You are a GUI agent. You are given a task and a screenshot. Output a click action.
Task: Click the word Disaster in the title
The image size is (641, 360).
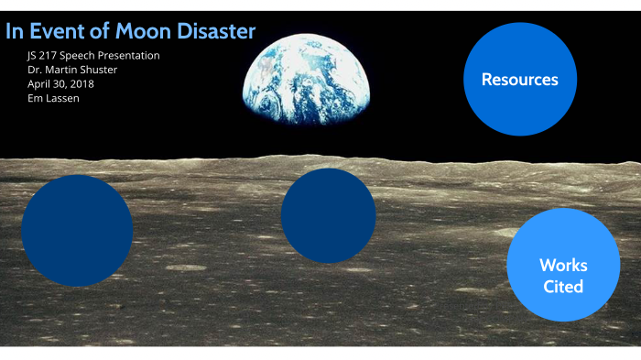[217, 31]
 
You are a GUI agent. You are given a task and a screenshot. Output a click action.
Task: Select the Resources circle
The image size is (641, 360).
[519, 80]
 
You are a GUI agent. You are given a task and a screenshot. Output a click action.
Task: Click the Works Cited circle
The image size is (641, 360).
[563, 265]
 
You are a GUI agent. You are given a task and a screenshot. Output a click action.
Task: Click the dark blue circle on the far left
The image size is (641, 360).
[77, 231]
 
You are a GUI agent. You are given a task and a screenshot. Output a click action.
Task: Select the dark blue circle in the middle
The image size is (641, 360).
[328, 216]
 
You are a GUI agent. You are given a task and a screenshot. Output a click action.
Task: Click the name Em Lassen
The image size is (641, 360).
[53, 98]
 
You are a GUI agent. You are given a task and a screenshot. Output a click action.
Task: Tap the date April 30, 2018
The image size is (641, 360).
[60, 83]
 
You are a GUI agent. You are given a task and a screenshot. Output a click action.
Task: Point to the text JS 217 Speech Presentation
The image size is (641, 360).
[93, 56]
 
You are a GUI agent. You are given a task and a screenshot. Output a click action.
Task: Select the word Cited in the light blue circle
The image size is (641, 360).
[563, 287]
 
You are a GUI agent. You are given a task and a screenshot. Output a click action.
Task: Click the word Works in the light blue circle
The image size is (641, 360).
[563, 266]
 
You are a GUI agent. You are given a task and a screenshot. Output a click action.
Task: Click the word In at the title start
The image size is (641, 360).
[14, 31]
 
